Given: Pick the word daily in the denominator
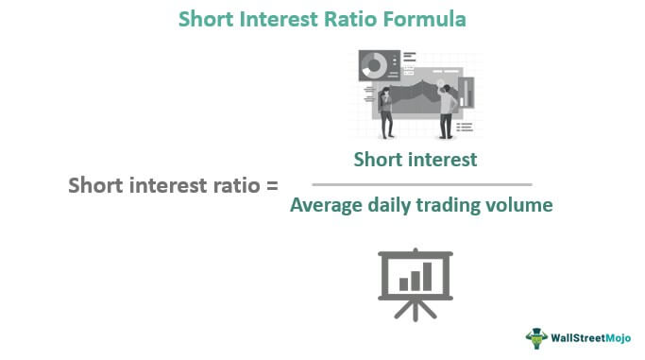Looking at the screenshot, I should tap(389, 205).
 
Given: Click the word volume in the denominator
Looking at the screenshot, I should tap(519, 205).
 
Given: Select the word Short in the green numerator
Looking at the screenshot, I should tap(378, 160).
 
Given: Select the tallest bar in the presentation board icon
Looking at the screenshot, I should tap(427, 275).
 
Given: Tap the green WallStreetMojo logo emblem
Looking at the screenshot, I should tap(537, 337).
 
